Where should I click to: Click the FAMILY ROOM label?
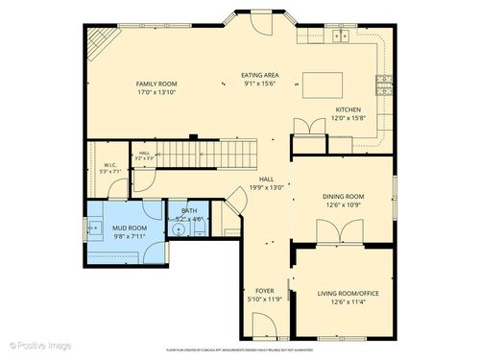[x=156, y=84]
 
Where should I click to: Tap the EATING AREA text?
[x=259, y=74]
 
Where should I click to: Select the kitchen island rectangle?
[x=323, y=84]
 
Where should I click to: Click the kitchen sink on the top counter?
[x=341, y=36]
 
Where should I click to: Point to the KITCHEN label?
[x=348, y=108]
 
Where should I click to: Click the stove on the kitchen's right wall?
[x=385, y=82]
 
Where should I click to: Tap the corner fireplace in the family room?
[x=99, y=41]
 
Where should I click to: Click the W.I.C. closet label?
[x=110, y=164]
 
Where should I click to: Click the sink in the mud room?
[x=96, y=229]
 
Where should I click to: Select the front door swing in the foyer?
[x=266, y=326]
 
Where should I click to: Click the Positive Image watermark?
[x=40, y=344]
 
